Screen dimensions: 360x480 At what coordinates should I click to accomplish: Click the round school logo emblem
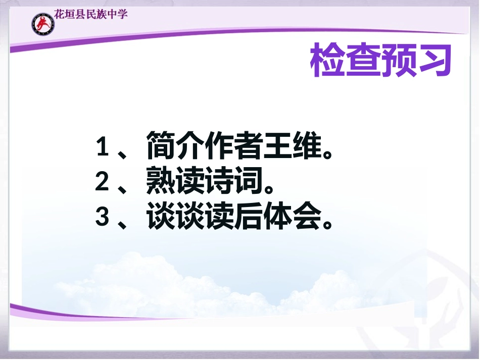point(42,24)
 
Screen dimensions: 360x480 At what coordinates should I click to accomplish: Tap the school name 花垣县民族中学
point(91,14)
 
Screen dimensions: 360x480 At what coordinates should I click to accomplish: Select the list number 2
point(103,182)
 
